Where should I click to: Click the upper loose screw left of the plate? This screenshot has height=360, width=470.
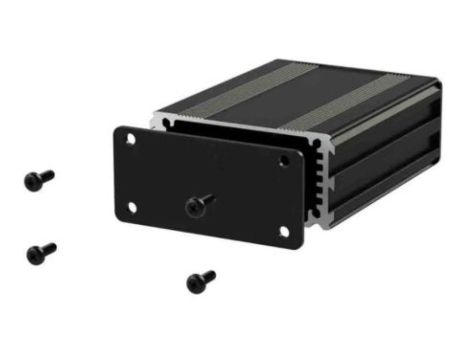[x=39, y=180]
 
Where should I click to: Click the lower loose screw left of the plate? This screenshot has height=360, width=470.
[x=41, y=251]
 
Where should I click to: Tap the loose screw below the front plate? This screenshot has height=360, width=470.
[x=201, y=281]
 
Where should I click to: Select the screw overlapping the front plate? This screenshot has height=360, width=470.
[x=199, y=204]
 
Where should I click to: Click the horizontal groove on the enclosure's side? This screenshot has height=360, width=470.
[x=385, y=160]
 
